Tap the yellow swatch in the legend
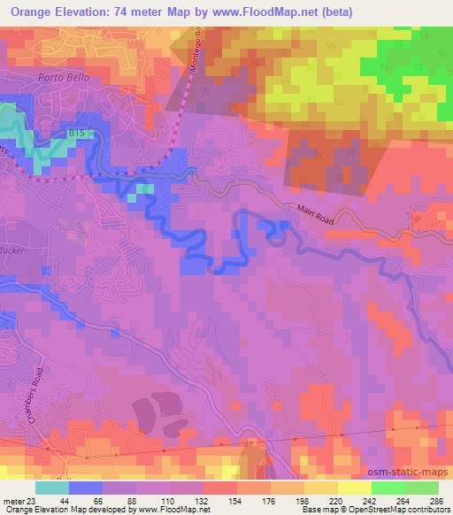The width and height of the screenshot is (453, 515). [354, 488]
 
